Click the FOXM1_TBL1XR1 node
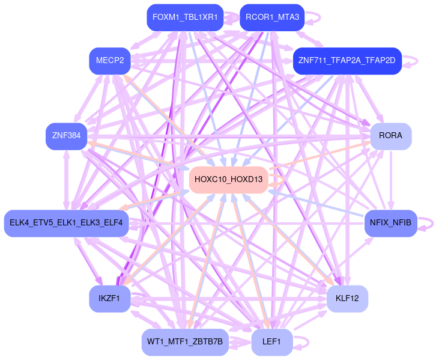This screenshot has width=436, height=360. tap(185, 17)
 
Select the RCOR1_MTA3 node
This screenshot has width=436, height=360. tap(271, 17)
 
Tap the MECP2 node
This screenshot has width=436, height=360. tap(110, 61)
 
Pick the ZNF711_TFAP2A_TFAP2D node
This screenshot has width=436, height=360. tap(347, 61)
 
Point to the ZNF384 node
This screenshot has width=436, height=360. tap(67, 136)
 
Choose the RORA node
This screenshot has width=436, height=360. tap(390, 136)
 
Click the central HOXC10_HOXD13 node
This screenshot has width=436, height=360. tap(229, 179)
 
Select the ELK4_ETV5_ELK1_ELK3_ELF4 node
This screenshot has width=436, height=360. tap(66, 223)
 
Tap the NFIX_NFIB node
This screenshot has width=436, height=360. tap(390, 223)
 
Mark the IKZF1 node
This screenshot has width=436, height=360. tap(109, 298)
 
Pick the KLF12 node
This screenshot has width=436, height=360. tap(347, 298)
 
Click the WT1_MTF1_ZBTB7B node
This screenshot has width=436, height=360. tap(185, 341)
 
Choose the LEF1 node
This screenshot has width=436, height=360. tap(271, 341)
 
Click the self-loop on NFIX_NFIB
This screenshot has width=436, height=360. tap(428, 223)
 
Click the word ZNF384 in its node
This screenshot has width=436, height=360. tap(67, 136)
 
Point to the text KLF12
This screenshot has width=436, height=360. tap(347, 298)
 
